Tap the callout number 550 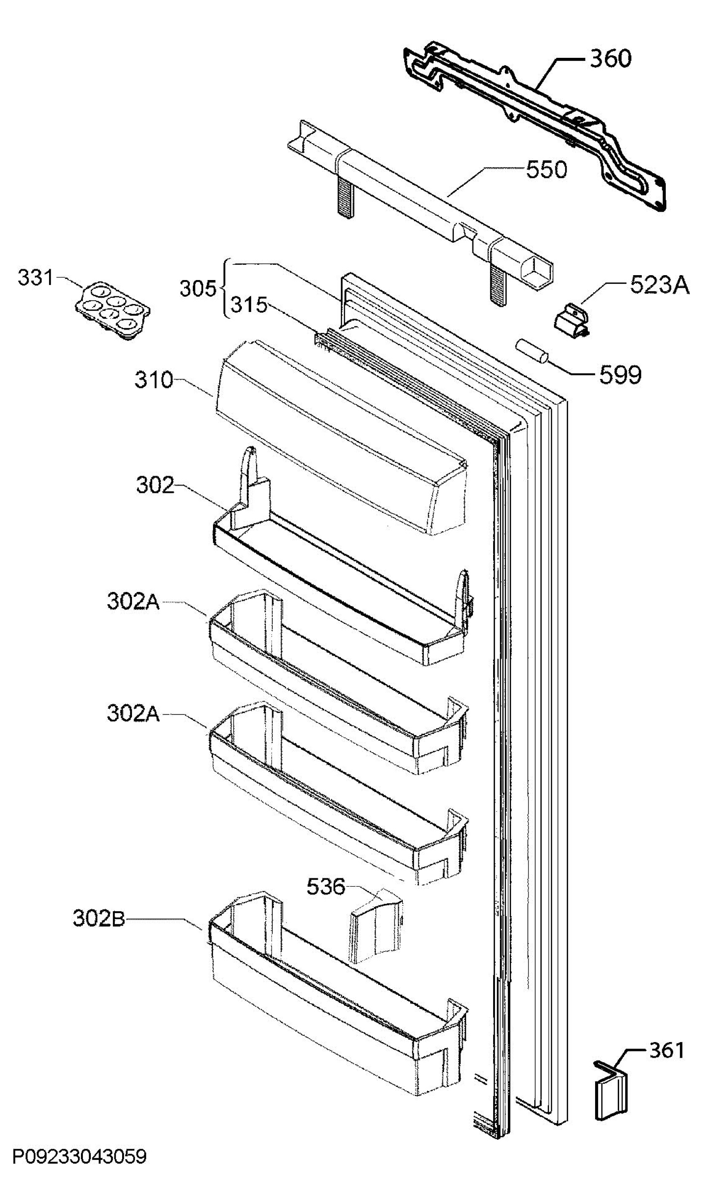(x=547, y=170)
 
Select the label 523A (x=660, y=285)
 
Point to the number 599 (x=620, y=375)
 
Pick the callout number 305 (x=198, y=289)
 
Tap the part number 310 (x=154, y=380)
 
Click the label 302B (x=99, y=919)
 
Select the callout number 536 (x=326, y=886)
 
